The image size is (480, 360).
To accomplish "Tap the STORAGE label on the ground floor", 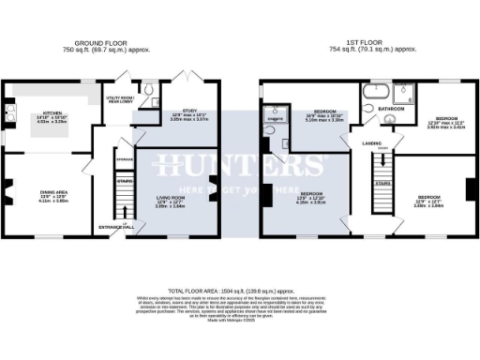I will [125, 159].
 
